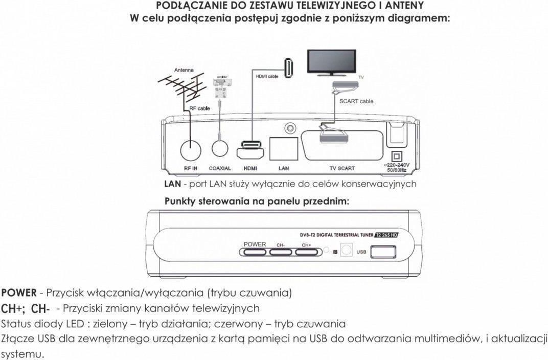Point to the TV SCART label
click(342, 168)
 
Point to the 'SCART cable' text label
click(356, 101)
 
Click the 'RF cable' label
click(200, 108)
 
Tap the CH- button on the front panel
click(280, 251)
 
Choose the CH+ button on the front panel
click(307, 251)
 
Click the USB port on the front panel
click(383, 252)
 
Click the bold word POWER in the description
click(19, 293)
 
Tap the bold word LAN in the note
click(172, 184)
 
